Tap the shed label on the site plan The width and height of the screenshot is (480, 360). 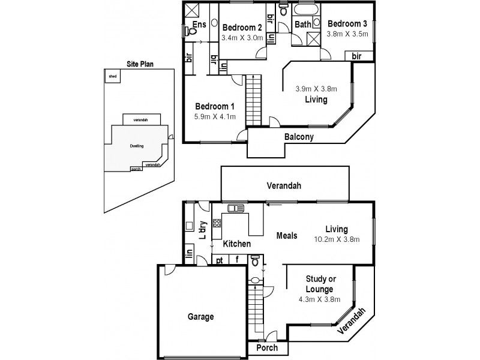[x=112, y=77]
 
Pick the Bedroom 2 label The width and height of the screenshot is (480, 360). [x=242, y=28]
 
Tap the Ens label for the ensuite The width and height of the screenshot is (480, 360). [x=199, y=25]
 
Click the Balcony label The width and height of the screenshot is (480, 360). [x=299, y=137]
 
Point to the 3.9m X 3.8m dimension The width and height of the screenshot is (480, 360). [x=316, y=89]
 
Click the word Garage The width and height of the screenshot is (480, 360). [x=200, y=316]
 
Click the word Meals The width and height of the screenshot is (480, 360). [x=286, y=235]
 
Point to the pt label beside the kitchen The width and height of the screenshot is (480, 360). [x=220, y=260]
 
